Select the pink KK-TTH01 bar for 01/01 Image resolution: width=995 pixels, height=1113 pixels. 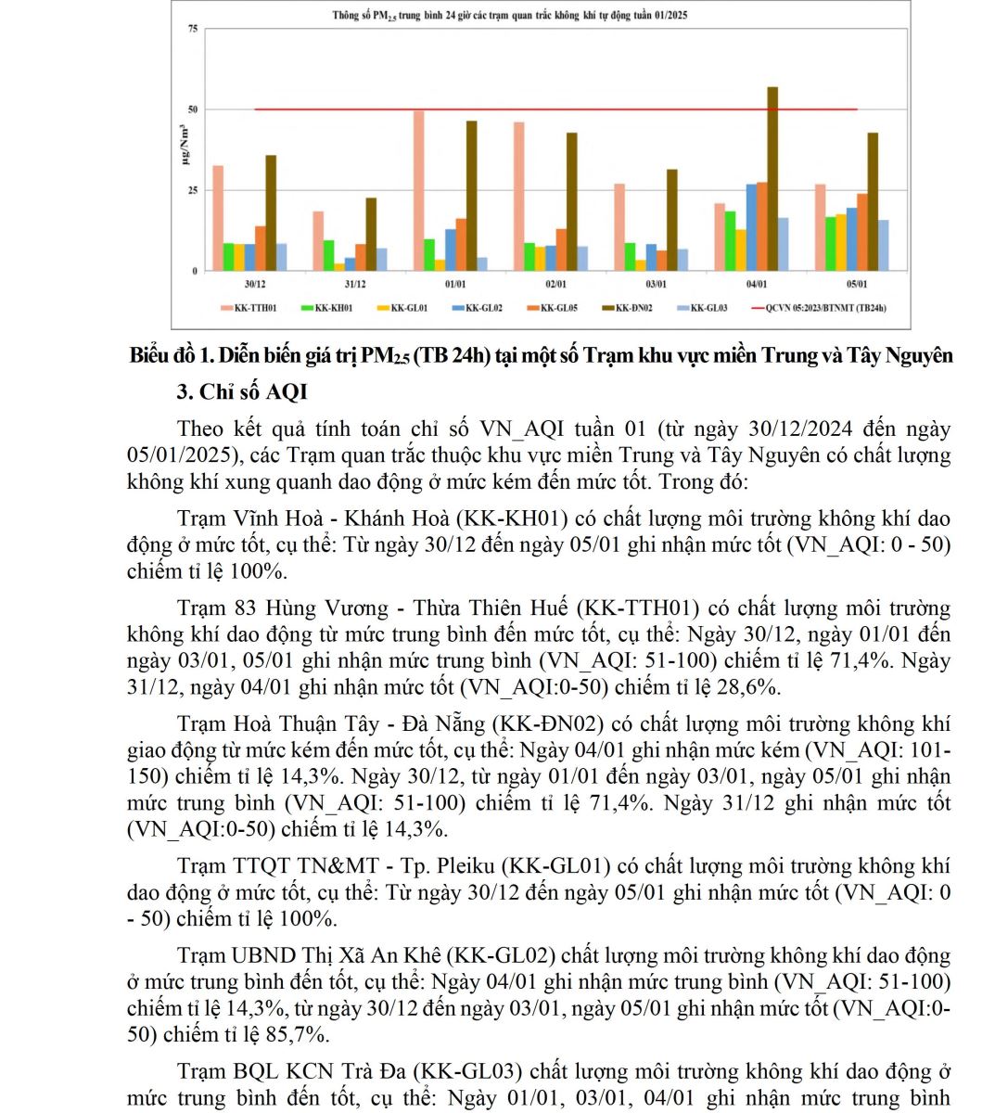(419, 190)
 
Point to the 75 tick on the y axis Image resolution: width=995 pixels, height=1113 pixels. (193, 29)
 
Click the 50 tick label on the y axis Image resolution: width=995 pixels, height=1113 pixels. (193, 109)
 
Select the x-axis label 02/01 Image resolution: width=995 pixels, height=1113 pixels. (555, 284)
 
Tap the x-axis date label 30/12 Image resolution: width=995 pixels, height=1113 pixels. (255, 284)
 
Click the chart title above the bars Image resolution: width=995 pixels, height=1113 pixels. (510, 16)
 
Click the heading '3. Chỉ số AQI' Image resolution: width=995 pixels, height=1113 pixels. (242, 392)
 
